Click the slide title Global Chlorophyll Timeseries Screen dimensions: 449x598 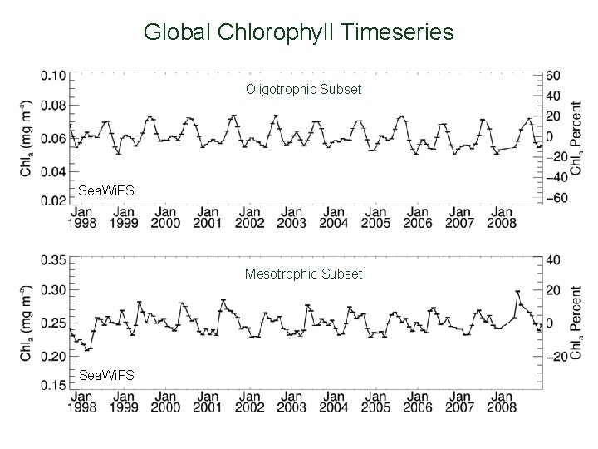click(x=298, y=32)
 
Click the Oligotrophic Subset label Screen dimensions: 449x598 click(x=303, y=88)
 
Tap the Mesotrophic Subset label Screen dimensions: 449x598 click(x=303, y=274)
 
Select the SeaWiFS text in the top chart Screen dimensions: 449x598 click(x=105, y=191)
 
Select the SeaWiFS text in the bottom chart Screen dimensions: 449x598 click(x=105, y=376)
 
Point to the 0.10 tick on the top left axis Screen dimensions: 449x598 click(x=52, y=75)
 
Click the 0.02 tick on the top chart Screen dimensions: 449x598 click(x=52, y=200)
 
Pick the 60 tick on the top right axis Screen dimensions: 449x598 click(x=554, y=75)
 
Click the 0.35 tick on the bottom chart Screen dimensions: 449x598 click(x=52, y=259)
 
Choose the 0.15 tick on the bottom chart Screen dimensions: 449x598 click(x=52, y=385)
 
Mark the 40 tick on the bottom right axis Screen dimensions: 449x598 click(x=554, y=259)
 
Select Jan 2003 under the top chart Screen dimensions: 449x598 click(x=292, y=217)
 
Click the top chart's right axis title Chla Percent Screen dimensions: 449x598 click(x=576, y=138)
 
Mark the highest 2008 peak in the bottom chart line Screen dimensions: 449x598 click(x=517, y=292)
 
